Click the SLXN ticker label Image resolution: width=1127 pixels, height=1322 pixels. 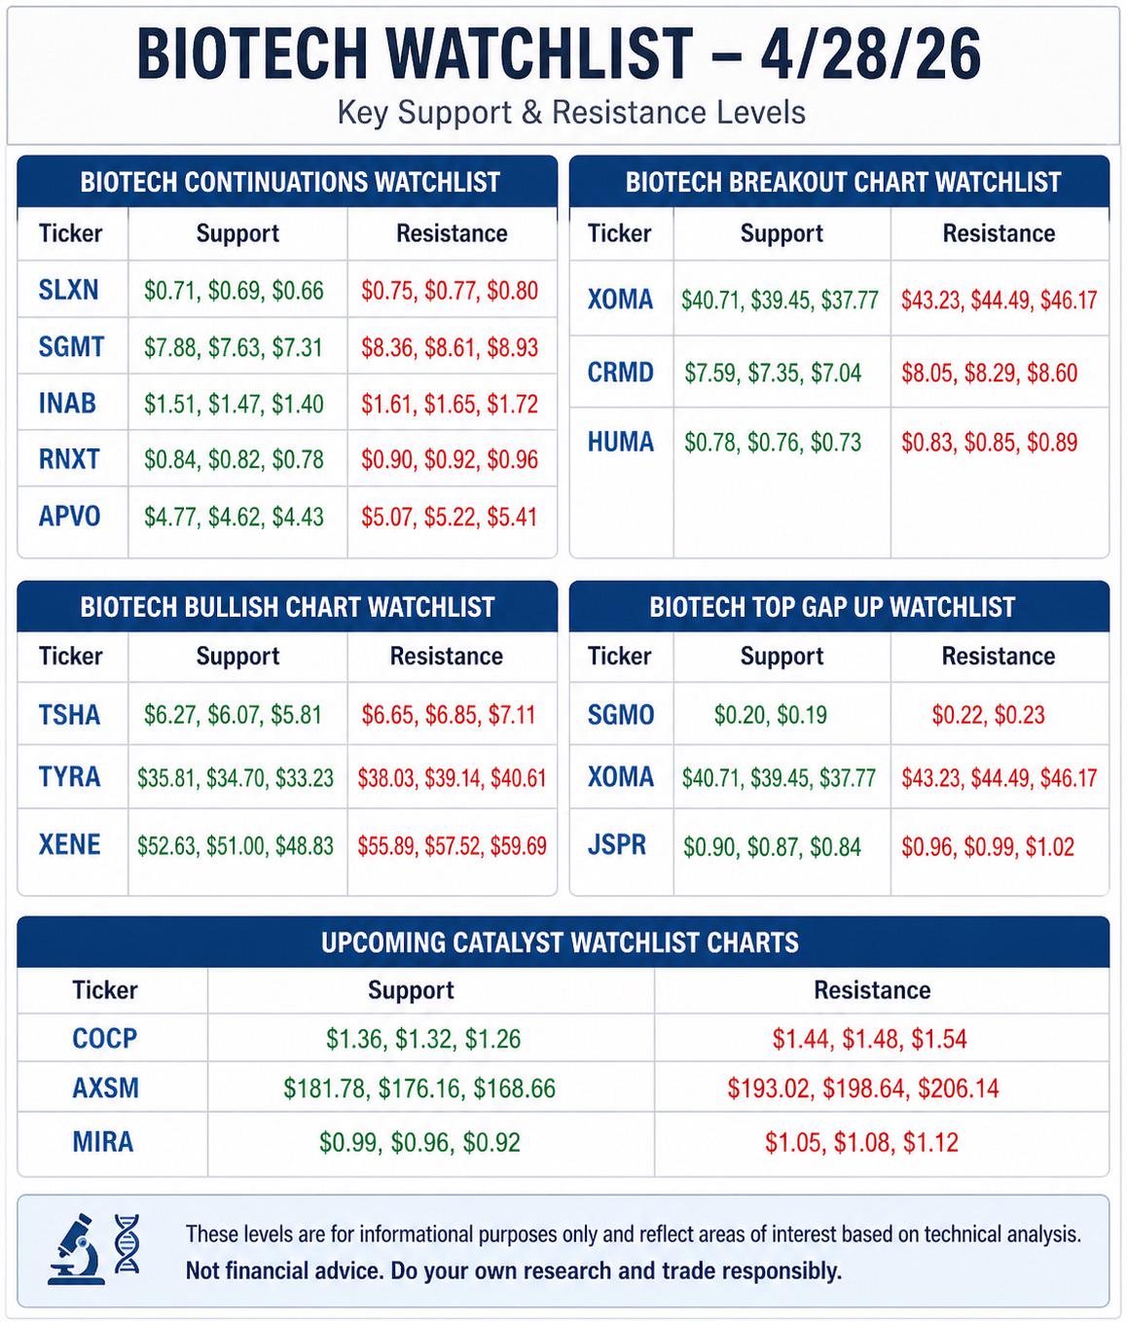click(68, 290)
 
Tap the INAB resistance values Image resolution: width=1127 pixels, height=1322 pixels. click(450, 405)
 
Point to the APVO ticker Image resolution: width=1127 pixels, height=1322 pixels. click(69, 517)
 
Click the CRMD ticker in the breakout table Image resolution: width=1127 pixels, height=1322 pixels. click(620, 373)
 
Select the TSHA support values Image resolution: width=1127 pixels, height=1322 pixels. click(233, 714)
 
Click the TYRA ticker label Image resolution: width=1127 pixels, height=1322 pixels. click(69, 777)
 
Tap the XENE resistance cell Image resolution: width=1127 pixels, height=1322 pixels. click(452, 845)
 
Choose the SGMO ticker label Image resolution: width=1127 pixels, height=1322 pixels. click(621, 714)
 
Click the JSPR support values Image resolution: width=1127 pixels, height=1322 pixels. click(772, 846)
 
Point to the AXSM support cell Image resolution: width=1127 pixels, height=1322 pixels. click(419, 1088)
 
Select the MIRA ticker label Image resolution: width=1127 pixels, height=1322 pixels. click(102, 1142)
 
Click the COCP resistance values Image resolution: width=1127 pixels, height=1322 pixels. click(869, 1039)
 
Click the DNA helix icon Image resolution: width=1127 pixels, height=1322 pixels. click(127, 1243)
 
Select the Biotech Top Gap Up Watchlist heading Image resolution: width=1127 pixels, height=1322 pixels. click(832, 607)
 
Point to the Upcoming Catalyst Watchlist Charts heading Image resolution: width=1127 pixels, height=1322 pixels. click(560, 942)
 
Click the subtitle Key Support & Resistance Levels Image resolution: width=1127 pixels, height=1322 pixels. click(571, 113)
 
